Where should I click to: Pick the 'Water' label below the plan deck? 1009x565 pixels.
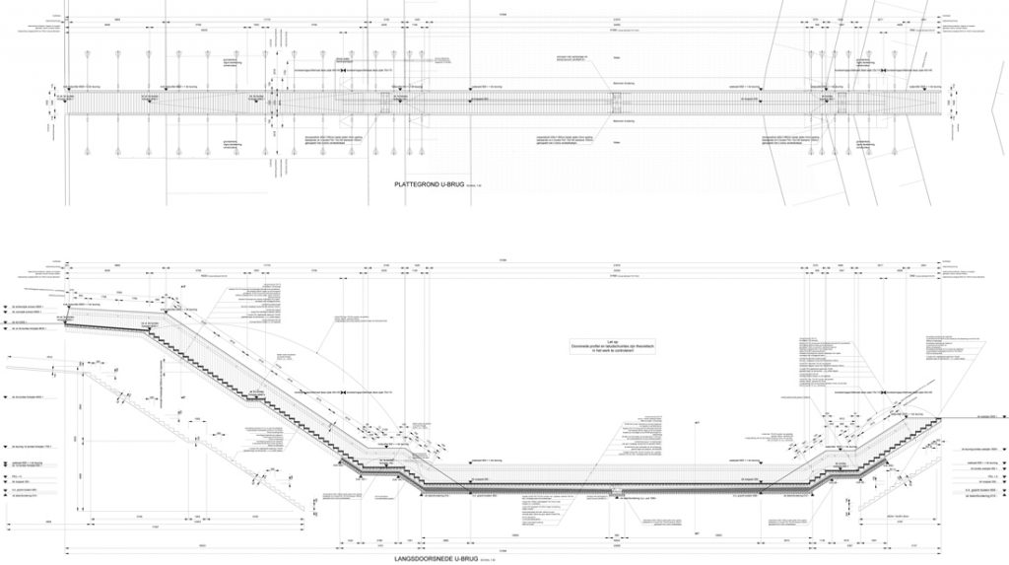tap(618, 144)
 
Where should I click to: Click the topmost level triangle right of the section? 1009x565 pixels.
tap(947, 419)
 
